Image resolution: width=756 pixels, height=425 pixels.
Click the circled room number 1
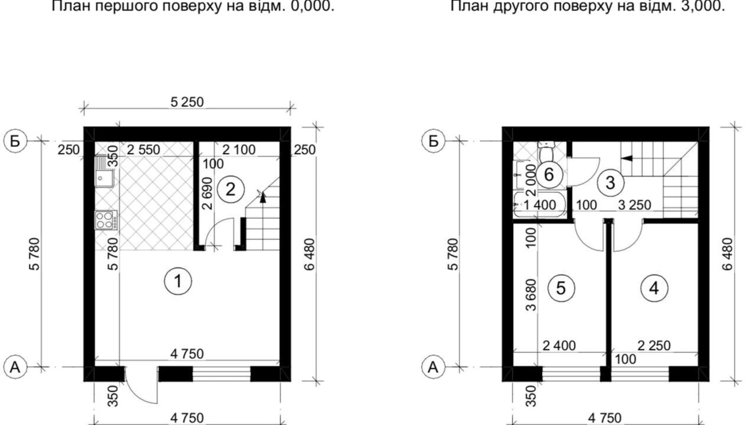178,281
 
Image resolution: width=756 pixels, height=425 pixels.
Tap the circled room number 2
230,189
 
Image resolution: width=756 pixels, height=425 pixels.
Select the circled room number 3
610,182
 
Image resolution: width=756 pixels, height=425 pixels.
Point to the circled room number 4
654,289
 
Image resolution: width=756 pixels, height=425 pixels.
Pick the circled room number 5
561,289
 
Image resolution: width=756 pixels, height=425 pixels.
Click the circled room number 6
549,174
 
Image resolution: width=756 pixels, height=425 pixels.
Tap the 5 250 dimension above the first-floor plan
187,102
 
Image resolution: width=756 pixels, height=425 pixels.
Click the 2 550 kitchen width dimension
143,150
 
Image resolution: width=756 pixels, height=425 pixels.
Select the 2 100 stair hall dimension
239,150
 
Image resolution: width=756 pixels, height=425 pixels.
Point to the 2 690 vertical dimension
208,193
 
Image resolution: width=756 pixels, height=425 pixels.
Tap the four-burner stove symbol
105,220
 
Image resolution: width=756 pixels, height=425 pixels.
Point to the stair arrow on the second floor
627,158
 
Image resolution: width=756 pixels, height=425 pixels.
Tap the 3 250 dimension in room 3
634,205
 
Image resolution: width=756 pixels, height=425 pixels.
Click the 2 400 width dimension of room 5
559,346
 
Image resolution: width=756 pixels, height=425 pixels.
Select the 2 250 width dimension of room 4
654,346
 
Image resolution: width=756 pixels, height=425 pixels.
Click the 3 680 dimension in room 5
530,295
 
